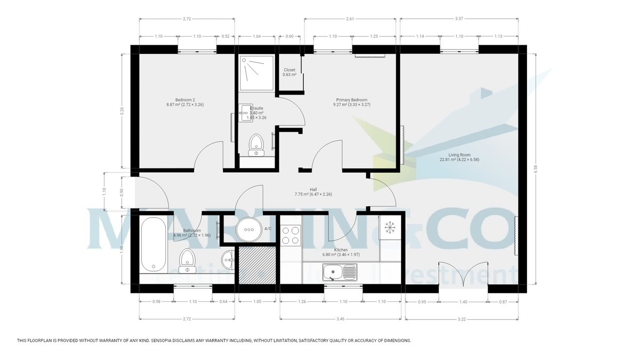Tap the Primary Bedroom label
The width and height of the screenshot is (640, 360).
coord(351,99)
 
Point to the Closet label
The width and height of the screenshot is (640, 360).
coord(289,70)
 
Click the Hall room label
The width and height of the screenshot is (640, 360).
coord(314,189)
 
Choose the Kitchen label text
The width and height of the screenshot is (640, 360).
coord(341,250)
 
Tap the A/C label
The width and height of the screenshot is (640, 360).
coord(268,229)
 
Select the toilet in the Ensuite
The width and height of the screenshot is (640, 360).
coord(257,145)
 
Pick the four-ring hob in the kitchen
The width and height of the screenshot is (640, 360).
coord(291,235)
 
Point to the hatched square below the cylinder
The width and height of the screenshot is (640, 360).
coord(257,265)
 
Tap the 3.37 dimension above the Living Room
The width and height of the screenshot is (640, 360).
coord(459,19)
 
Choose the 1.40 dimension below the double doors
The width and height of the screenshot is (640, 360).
coord(463,302)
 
